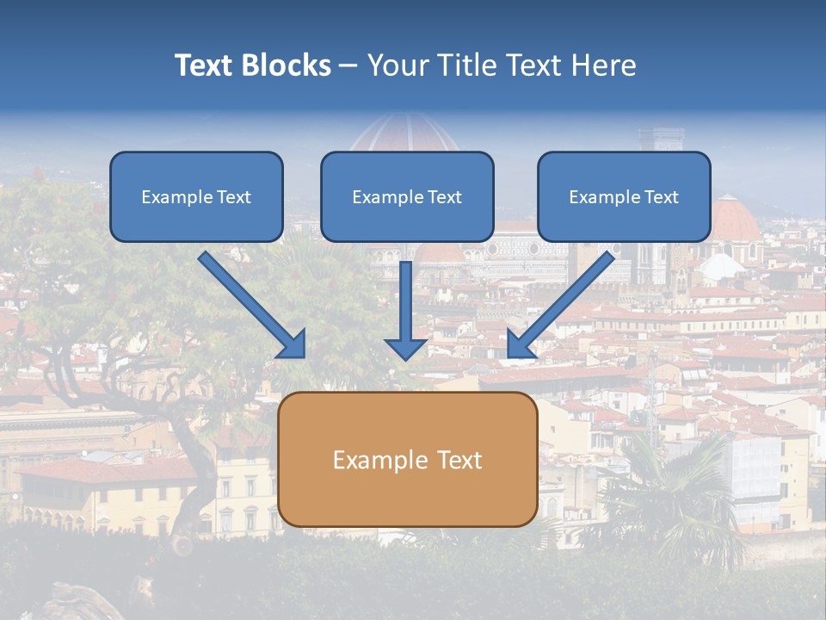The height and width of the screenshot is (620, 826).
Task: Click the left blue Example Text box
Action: click(196, 196)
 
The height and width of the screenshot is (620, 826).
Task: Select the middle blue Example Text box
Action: click(407, 196)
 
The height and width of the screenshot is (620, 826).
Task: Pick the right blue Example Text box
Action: click(624, 196)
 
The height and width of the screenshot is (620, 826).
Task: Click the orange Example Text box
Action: click(408, 459)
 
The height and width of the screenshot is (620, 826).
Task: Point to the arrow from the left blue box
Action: click(250, 301)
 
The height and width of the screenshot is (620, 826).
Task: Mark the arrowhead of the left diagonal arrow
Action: click(293, 344)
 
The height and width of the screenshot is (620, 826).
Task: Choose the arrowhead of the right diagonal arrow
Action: click(519, 344)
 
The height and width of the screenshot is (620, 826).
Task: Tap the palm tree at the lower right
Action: click(680, 491)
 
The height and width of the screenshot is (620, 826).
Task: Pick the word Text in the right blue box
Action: click(662, 196)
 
